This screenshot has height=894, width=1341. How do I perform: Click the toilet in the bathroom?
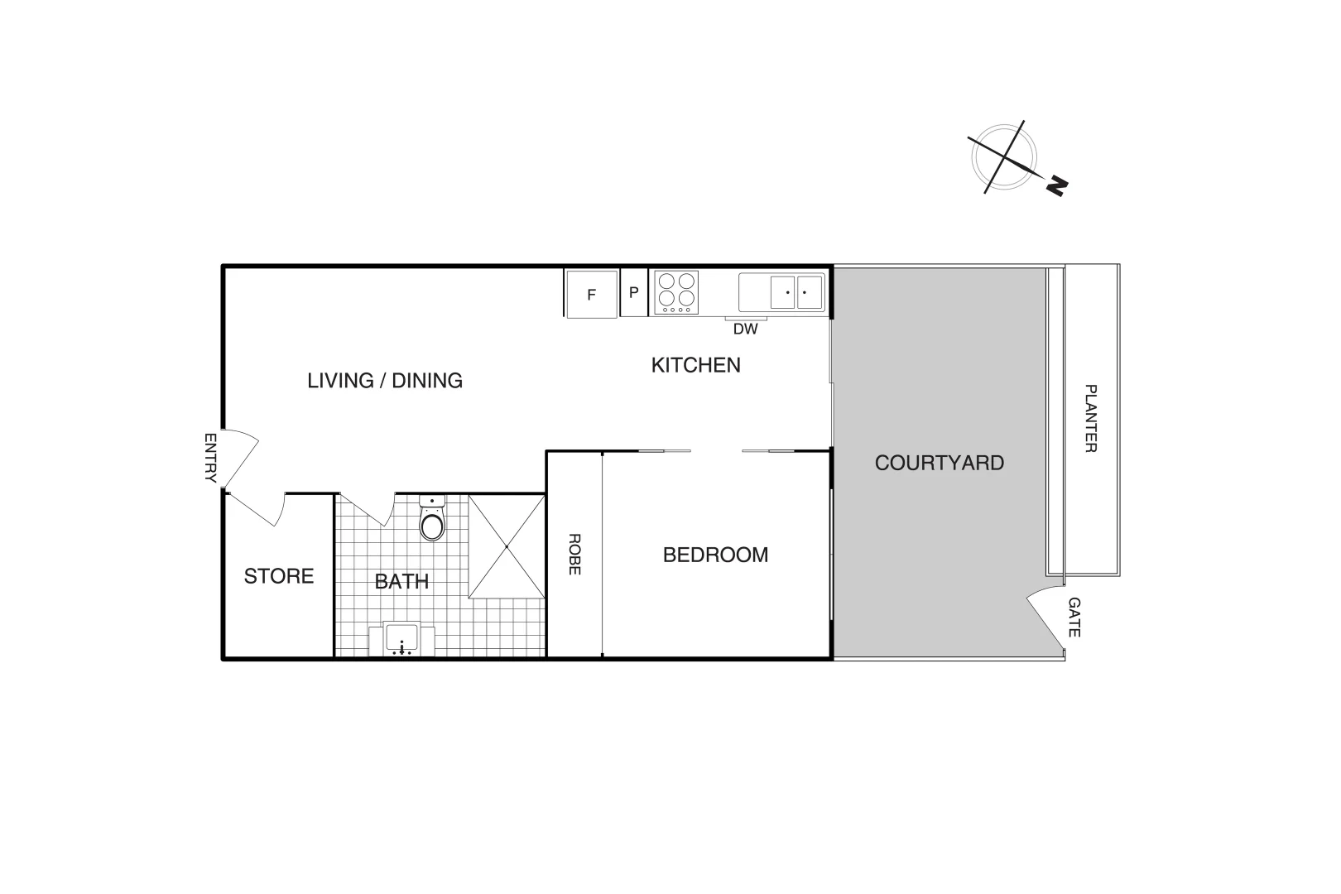(x=432, y=521)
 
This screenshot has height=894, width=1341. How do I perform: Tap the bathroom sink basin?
(x=401, y=640)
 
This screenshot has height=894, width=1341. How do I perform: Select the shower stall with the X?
(x=507, y=546)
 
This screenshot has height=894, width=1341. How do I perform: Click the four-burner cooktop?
(x=676, y=292)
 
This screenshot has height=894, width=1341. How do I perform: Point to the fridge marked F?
(x=591, y=294)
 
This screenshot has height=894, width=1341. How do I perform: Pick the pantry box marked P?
(x=634, y=292)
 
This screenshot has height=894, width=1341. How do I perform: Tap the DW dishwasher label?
(x=745, y=329)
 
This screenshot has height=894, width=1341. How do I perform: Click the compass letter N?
(x=1055, y=186)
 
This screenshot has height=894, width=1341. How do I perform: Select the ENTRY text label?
(x=210, y=458)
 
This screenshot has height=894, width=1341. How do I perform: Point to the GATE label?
(x=1074, y=618)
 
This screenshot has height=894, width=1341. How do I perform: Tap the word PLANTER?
(x=1090, y=418)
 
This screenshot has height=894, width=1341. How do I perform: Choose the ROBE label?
(x=574, y=554)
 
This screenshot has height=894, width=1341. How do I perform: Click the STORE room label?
(x=279, y=576)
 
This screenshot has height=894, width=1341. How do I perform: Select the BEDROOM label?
(x=715, y=555)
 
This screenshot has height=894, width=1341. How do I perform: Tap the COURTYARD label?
(x=939, y=463)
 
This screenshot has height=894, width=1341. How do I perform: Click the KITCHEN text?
(x=695, y=365)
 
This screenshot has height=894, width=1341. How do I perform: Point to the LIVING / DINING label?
(x=385, y=381)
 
